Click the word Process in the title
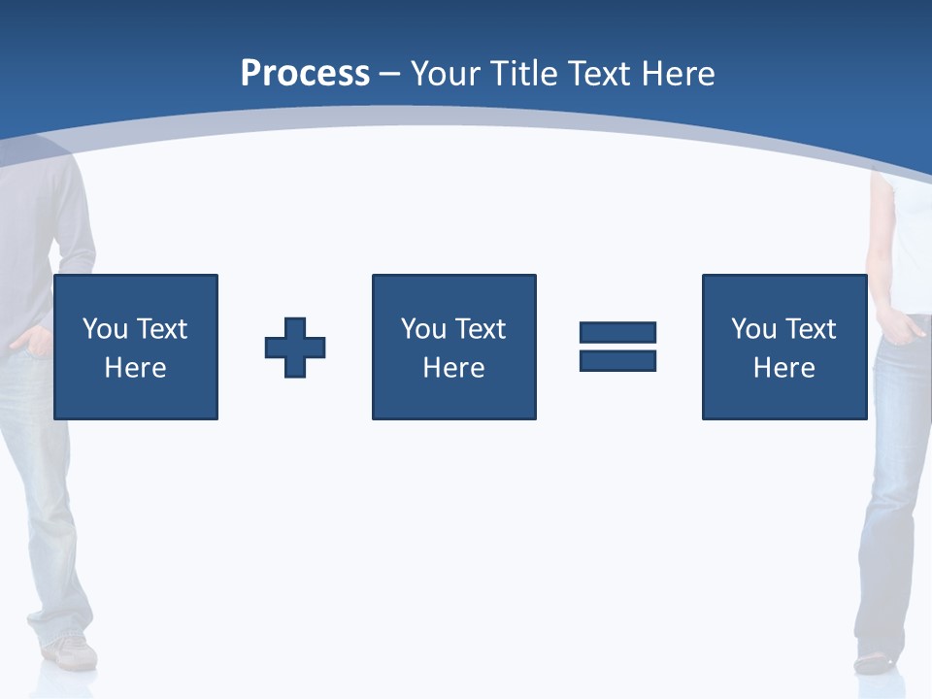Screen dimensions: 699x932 click(x=305, y=74)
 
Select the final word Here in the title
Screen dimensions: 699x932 click(x=677, y=74)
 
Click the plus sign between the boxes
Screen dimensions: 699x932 click(x=295, y=348)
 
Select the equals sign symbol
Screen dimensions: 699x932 click(x=617, y=347)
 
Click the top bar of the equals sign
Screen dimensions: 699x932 click(x=617, y=333)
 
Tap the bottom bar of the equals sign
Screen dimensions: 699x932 click(x=617, y=360)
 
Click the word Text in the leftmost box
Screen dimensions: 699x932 click(x=162, y=329)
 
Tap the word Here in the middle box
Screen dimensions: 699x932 click(x=453, y=368)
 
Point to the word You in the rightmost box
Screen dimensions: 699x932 click(x=753, y=329)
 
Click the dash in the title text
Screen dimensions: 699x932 click(x=389, y=74)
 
